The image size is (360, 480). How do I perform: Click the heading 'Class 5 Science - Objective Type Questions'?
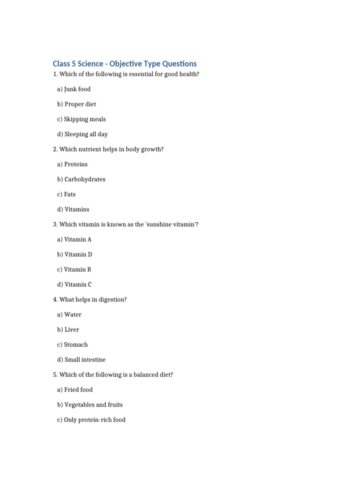(125, 64)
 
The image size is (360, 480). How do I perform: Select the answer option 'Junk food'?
(74, 89)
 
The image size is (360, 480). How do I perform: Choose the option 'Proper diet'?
(77, 104)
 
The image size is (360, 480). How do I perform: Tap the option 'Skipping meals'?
(82, 119)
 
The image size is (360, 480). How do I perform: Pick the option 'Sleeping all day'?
(82, 134)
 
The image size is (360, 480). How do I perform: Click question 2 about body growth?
(108, 149)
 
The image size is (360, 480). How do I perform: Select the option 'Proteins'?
(73, 164)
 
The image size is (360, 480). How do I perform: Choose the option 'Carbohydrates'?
(82, 179)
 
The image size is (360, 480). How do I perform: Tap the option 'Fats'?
(67, 194)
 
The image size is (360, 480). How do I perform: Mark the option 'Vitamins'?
(73, 209)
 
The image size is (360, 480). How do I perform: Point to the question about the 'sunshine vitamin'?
(126, 225)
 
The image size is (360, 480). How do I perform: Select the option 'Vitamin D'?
(75, 255)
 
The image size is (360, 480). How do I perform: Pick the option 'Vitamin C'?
(75, 285)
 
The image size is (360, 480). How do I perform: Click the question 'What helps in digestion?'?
(90, 300)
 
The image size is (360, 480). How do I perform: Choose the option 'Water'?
(69, 315)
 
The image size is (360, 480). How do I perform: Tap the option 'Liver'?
(69, 330)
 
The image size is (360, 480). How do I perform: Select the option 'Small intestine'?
(82, 360)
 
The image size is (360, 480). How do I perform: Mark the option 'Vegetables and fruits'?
(90, 405)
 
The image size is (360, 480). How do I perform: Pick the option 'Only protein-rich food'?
(91, 420)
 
